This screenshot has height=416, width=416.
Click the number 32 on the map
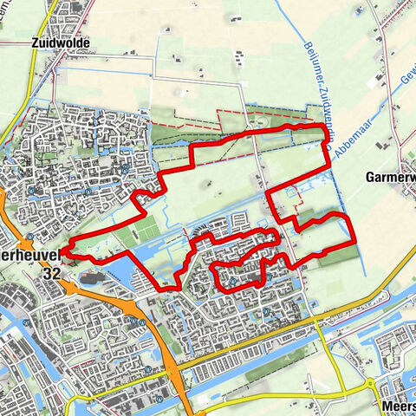(x=50, y=272)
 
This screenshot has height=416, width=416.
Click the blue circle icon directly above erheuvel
(x=29, y=236)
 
